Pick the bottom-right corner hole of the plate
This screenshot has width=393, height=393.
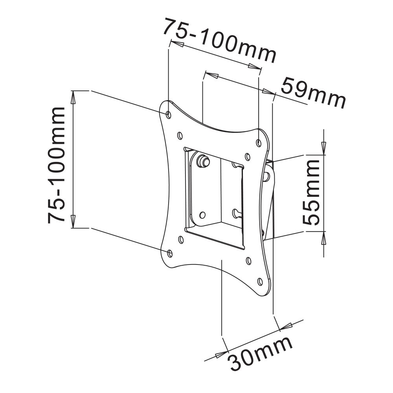260,281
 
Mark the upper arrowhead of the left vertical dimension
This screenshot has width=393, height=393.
73,97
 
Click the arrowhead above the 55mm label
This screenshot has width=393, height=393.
323,148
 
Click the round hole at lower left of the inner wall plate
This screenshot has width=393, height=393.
202,215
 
